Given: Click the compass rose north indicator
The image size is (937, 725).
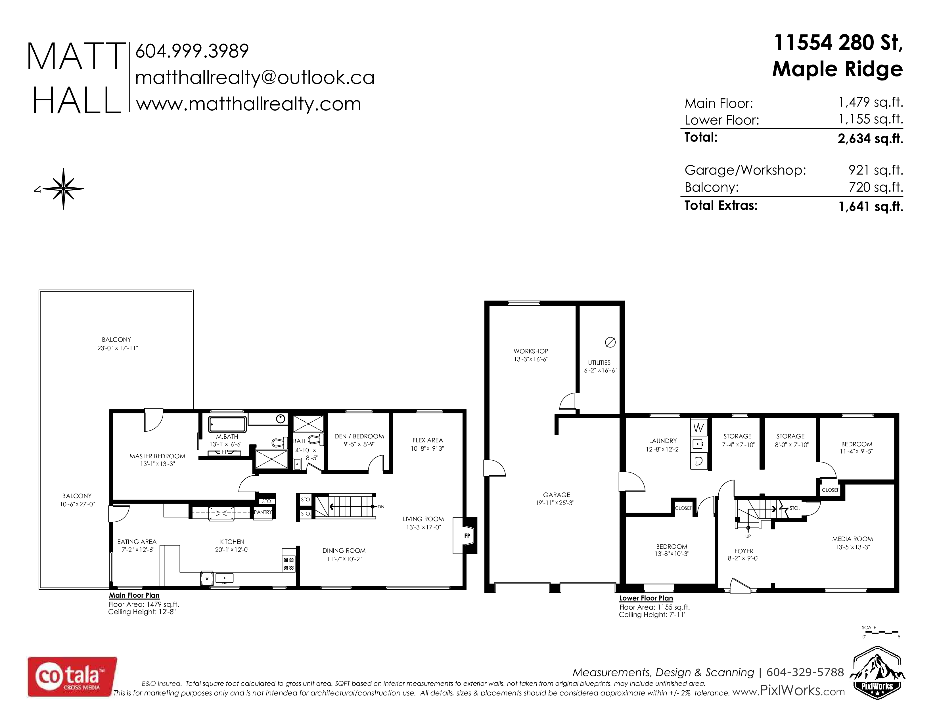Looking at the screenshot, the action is pos(64,188).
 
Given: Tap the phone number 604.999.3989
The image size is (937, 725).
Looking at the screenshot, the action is pos(192,51).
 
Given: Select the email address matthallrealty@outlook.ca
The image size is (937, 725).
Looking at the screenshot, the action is pos(255,78).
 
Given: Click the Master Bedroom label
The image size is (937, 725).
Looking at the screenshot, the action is pos(158,456).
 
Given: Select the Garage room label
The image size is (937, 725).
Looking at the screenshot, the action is pos(557,495).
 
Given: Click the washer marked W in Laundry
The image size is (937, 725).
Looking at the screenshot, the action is pos(698,428).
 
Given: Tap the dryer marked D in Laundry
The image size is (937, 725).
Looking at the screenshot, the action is pos(698,461).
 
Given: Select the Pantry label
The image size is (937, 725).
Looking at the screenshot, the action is pos(263,512).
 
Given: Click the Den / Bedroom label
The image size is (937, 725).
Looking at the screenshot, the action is pos(359,436).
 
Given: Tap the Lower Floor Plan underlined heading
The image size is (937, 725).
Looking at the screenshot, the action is pos(646,598).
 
